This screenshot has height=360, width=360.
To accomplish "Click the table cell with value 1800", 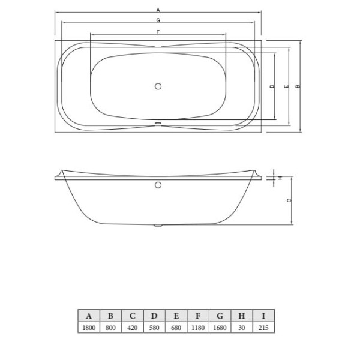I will pos(89,328).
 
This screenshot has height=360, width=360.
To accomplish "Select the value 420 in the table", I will pos(132,328).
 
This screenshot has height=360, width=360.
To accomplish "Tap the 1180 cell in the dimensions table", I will pos(198,328).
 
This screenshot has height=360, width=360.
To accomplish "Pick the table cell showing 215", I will pos(263,328).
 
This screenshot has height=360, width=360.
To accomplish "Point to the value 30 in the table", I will pos(242,328).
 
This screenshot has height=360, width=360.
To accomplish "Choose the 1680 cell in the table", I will pos(220,328).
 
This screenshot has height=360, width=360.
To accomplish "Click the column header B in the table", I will pos(110,316).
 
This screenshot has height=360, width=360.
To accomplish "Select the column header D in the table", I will pos(154,316).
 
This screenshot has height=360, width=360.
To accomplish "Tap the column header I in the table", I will pos(263,316).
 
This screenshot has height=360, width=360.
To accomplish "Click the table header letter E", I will pos(176,316).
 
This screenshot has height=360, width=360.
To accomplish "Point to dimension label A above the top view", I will pos(158,10).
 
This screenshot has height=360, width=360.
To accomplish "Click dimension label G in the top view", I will pos(158,21).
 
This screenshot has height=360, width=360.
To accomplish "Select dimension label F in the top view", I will pos(158,31).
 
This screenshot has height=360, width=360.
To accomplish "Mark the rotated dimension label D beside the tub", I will pos(272,86).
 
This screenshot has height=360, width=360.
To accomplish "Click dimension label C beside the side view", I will pos(289,200).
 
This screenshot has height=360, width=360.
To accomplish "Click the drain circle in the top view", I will pos(158,86).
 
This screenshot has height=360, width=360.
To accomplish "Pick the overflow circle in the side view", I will pos(158,185).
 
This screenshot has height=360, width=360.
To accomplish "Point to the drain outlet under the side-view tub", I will pos(158,226).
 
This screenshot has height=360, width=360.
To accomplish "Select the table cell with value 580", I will pos(154,328).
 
